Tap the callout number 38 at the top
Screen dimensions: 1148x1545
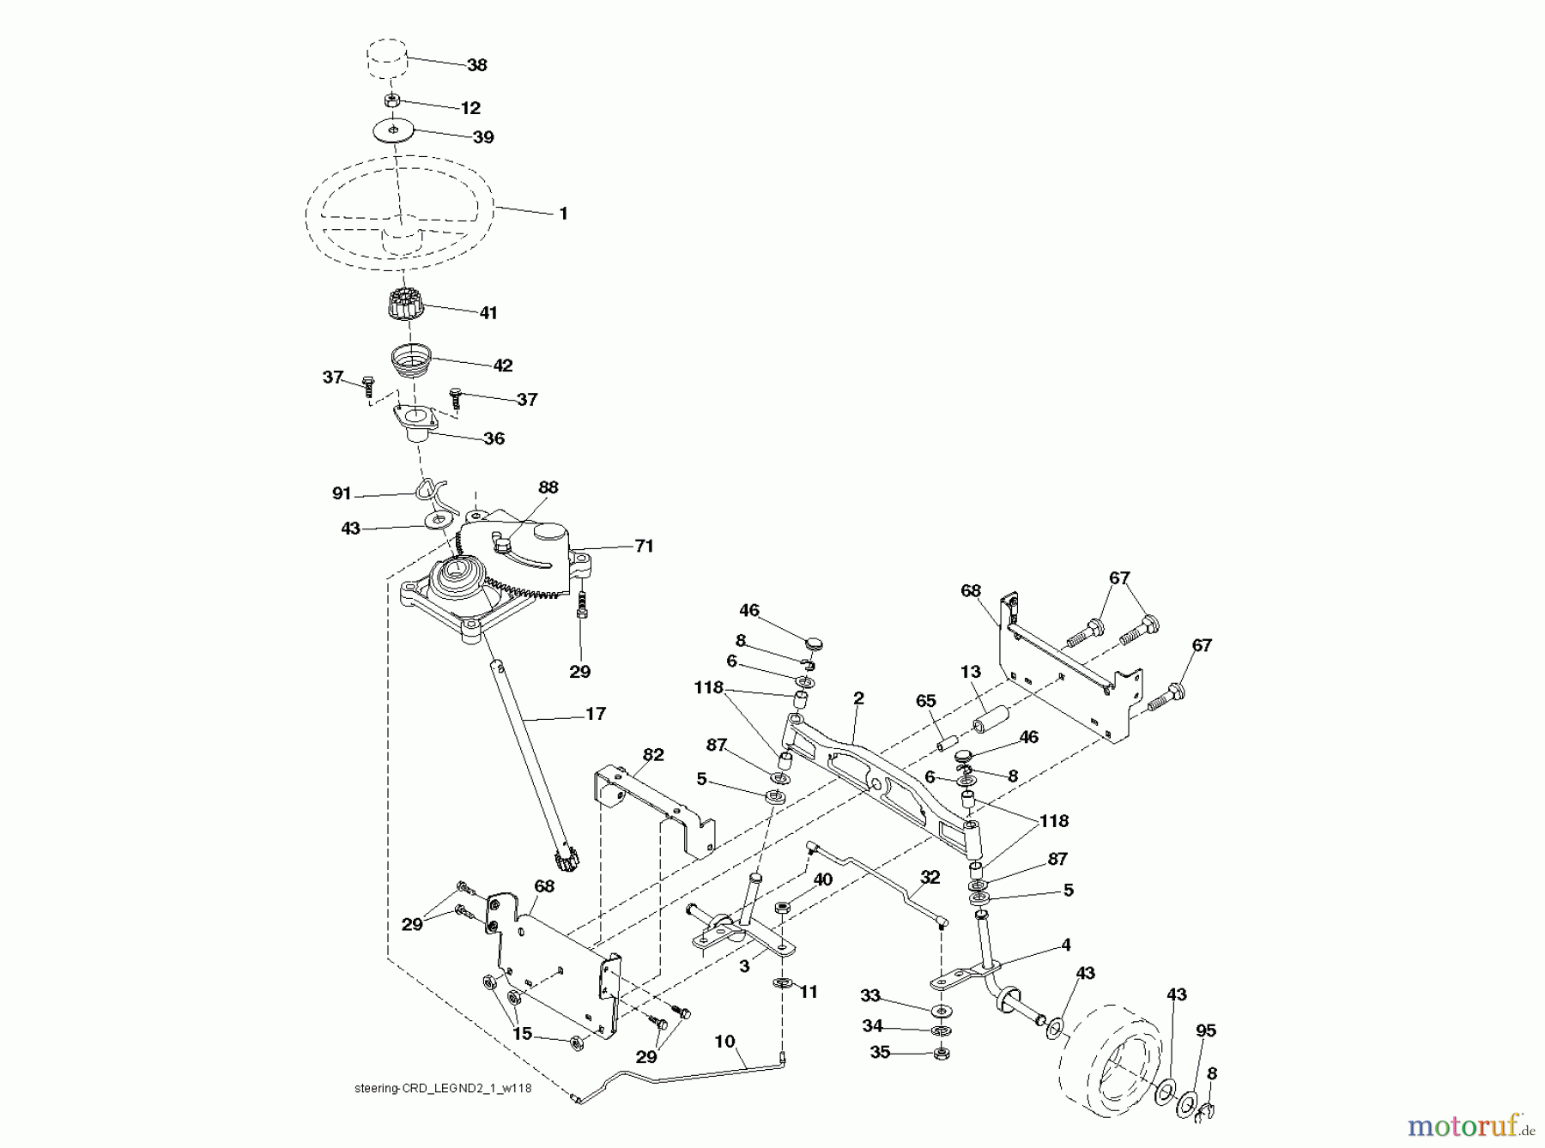476,64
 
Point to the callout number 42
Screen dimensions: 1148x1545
502,366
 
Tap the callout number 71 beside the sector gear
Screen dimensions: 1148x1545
644,547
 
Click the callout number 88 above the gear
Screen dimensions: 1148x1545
548,487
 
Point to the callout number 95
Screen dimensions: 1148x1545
1205,1030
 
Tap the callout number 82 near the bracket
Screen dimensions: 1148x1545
653,755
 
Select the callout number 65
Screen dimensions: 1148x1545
925,701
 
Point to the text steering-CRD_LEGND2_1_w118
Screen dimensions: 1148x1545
437,1114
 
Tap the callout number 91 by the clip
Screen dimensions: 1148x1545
342,493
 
